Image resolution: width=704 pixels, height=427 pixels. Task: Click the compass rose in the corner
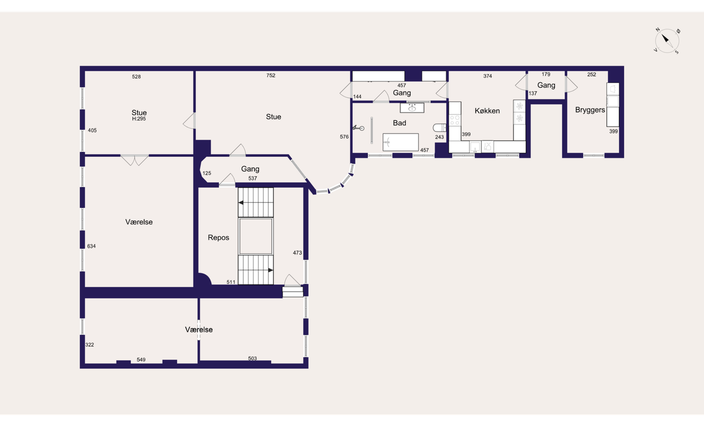coord(667,41)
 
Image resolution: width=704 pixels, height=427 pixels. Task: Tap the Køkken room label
coord(487,111)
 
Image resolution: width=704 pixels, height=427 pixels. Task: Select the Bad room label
coord(399,123)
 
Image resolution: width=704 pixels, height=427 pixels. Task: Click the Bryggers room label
coord(590,110)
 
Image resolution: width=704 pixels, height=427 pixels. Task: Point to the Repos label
coord(218,238)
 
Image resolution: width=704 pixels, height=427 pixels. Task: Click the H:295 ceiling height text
coord(139,119)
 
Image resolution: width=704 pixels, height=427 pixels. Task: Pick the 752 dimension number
coord(271,75)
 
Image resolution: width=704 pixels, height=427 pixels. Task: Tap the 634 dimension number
coord(91,246)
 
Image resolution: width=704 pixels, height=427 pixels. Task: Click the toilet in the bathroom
coord(439,128)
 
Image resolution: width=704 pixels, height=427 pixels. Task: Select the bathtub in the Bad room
coord(401,142)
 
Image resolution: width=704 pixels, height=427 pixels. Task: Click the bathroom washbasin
coord(412,108)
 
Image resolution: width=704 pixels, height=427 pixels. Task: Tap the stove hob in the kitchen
coord(455,121)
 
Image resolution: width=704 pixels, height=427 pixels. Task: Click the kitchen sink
coord(475,146)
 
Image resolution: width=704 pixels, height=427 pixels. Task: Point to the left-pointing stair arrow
coord(241,203)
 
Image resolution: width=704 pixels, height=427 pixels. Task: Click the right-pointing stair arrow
coord(271,270)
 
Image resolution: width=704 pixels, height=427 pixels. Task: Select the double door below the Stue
coord(135,160)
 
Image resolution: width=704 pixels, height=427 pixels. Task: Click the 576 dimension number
coord(344,137)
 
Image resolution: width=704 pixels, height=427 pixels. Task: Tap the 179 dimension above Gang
coord(546,74)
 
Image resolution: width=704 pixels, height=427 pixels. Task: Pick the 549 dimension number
coord(141,360)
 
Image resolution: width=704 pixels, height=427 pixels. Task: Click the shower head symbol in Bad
coord(358,128)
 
